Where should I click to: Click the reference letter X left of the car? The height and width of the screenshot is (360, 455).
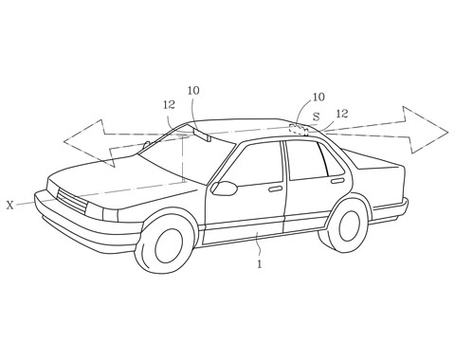click(x=9, y=204)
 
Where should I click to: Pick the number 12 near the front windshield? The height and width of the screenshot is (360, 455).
click(x=169, y=106)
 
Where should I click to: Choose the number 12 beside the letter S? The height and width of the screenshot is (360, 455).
click(x=341, y=114)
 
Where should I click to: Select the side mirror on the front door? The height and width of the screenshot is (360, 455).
click(x=224, y=188)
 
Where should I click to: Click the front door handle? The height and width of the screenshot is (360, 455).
click(x=275, y=189)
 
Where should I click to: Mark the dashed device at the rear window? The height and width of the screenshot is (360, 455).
click(x=299, y=128)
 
